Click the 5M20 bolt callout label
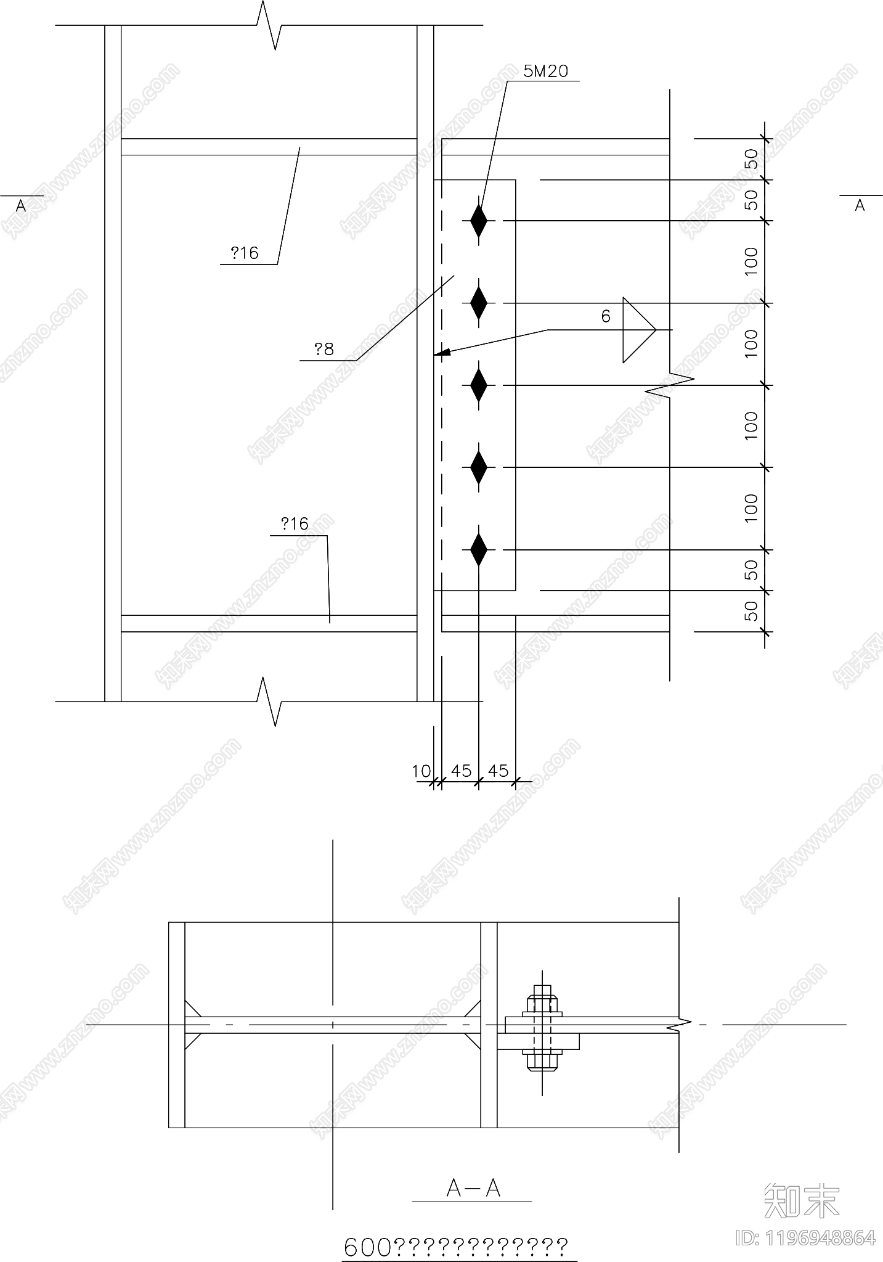tap(545, 72)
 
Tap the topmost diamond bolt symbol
tap(479, 221)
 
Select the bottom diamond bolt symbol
tap(479, 549)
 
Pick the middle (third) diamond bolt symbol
tap(479, 385)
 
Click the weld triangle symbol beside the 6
tap(637, 330)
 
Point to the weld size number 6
tap(606, 317)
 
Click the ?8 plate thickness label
tap(324, 350)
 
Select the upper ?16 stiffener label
tap(245, 253)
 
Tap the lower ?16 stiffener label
tap(295, 524)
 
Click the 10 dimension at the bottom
tap(421, 771)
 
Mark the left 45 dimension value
tap(461, 771)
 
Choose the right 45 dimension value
tap(498, 771)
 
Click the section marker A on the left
tap(21, 207)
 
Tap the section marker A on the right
tap(860, 205)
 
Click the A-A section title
tap(473, 1188)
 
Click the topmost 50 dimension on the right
tap(751, 159)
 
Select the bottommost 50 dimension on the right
tap(751, 611)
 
